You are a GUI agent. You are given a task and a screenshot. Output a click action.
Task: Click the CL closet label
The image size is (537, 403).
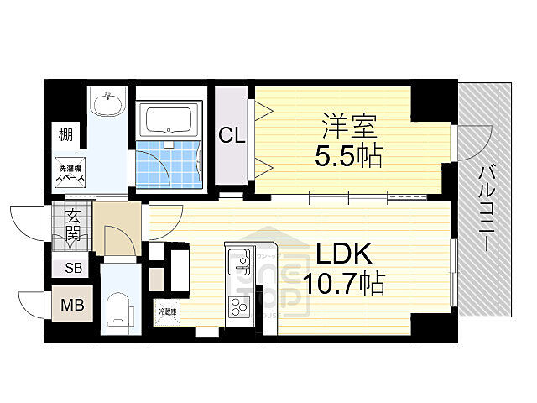pyautogui.click(x=232, y=134)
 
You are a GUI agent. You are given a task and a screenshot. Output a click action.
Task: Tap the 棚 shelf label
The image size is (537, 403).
pyautogui.click(x=65, y=133)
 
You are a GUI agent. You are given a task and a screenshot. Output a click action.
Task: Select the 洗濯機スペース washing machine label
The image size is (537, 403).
pyautogui.click(x=70, y=175)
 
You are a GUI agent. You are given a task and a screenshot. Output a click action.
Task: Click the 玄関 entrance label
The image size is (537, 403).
pyautogui.click(x=71, y=223)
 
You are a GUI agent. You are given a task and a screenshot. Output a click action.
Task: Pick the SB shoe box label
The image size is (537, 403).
pyautogui.click(x=72, y=270)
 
